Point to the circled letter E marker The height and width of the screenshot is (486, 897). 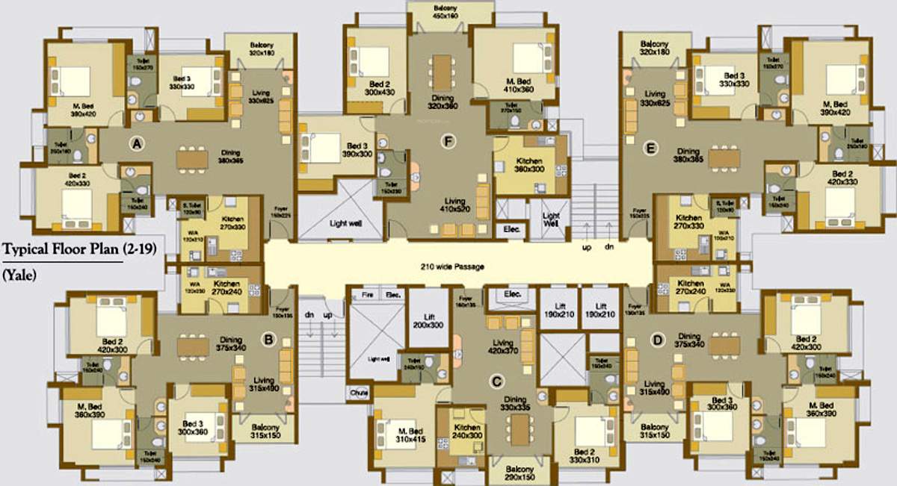[650, 149]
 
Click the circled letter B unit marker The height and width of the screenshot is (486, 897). [269, 340]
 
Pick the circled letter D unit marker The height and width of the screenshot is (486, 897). [658, 341]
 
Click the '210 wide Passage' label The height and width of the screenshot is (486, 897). [452, 267]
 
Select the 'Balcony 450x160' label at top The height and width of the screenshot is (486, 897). [451, 11]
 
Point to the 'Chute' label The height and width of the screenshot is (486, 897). [357, 392]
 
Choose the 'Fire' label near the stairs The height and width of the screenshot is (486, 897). [366, 295]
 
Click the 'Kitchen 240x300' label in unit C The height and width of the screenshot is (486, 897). [469, 432]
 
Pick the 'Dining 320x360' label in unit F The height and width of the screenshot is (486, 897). [443, 102]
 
